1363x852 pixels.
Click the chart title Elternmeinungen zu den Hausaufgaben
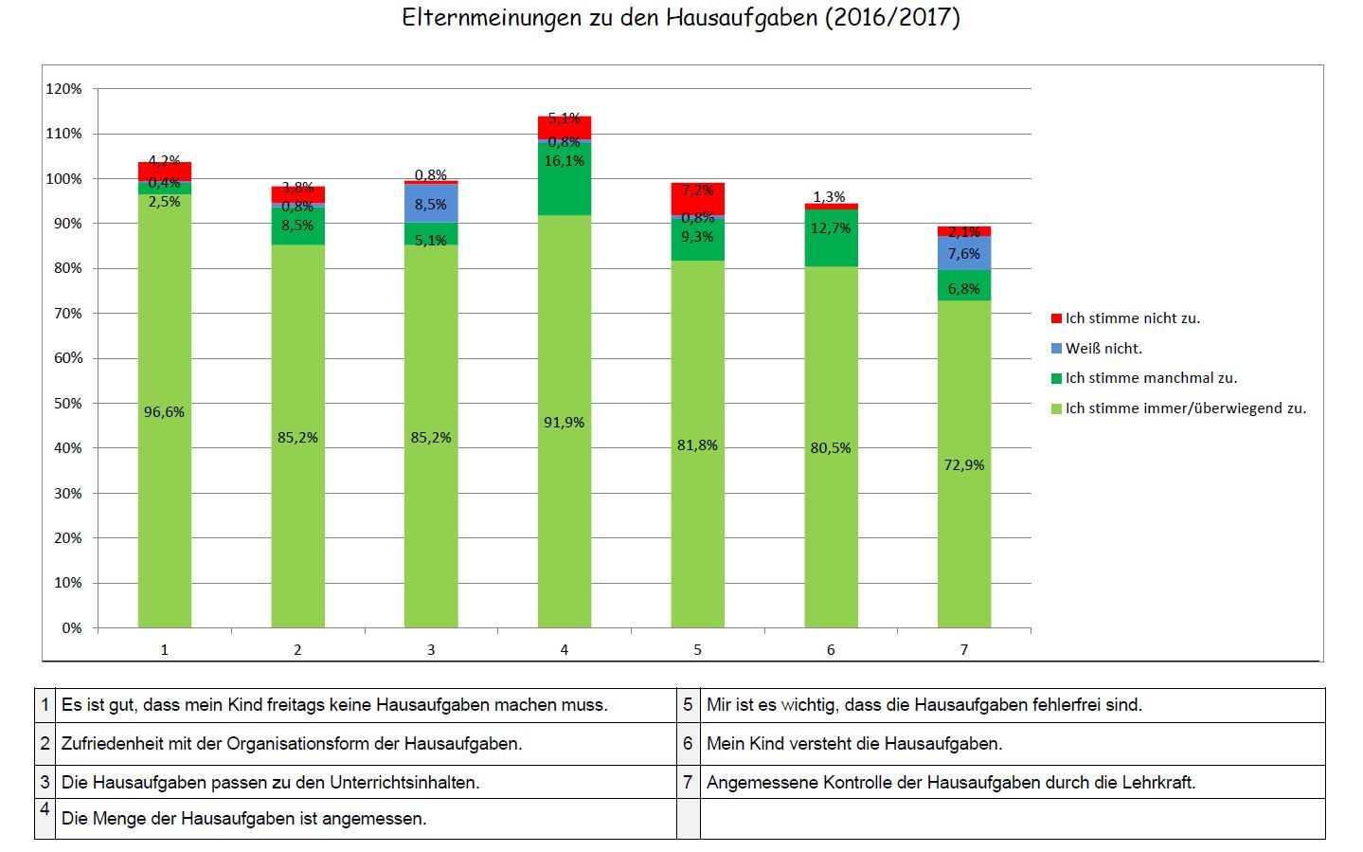[680, 18]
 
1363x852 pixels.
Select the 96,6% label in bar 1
[164, 412]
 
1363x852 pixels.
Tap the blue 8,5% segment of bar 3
[431, 204]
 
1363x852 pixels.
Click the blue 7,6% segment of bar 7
[964, 253]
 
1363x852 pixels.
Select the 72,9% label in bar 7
[964, 465]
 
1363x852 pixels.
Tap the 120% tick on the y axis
[63, 89]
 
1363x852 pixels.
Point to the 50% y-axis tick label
[67, 403]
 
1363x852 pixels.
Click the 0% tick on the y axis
[72, 627]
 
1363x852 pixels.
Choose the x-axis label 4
[565, 650]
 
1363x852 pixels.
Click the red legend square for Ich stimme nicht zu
[1056, 318]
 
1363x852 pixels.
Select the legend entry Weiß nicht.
[1103, 349]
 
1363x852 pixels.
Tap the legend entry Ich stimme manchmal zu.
[1151, 378]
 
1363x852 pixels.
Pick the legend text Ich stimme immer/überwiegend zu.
[1185, 408]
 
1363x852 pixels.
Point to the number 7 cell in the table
[689, 782]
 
